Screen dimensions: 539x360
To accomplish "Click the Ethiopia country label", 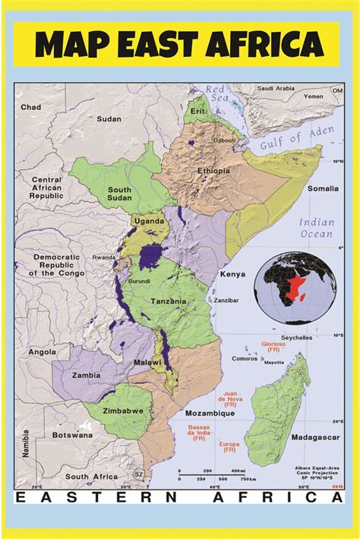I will point(213,171).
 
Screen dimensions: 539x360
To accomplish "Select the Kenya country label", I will point(232,273).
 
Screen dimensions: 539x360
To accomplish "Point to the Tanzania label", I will point(168,301).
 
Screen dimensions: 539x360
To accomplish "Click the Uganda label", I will point(150,221).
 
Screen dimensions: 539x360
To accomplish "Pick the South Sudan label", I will point(119,195).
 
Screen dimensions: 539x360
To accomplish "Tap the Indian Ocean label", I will point(315,228).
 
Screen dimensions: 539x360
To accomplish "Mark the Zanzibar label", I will point(227,301).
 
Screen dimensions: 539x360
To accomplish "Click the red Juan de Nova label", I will point(232,398).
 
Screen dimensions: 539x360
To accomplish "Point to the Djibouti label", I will point(226,140).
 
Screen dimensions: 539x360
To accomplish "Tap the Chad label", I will point(31,108).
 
